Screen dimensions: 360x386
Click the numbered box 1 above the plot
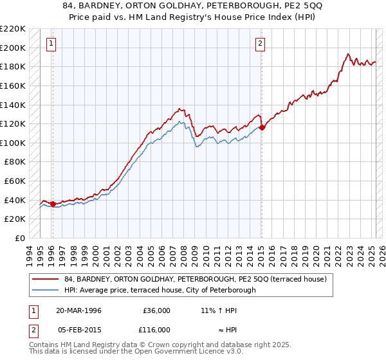click(x=51, y=44)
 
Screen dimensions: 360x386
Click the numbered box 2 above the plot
click(x=260, y=44)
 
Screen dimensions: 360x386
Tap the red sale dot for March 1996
click(x=53, y=204)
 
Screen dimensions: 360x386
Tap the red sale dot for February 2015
click(x=262, y=127)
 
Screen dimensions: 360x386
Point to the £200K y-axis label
click(x=14, y=48)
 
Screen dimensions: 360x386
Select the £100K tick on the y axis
click(x=14, y=143)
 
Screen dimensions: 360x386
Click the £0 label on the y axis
click(x=20, y=238)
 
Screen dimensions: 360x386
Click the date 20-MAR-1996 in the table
click(x=78, y=310)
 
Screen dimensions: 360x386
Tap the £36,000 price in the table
click(x=156, y=310)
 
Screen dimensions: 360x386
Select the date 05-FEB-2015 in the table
click(x=78, y=329)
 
